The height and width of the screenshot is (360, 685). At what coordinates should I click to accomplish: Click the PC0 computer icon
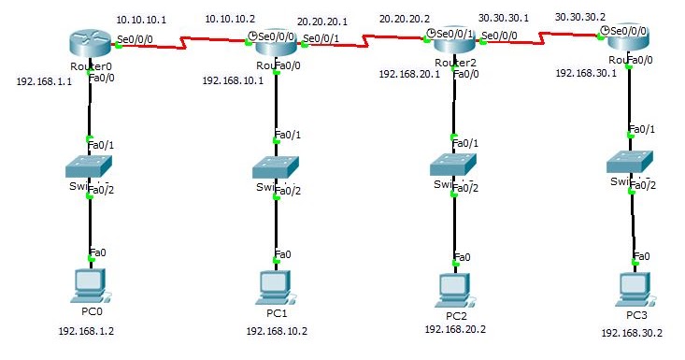pyautogui.click(x=90, y=284)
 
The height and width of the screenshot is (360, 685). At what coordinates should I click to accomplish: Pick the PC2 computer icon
pyautogui.click(x=456, y=290)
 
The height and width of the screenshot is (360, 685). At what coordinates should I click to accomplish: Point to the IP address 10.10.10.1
pyautogui.click(x=141, y=19)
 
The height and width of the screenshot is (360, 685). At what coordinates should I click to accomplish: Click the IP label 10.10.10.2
pyautogui.click(x=229, y=19)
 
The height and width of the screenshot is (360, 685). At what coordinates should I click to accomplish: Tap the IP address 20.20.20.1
pyautogui.click(x=322, y=19)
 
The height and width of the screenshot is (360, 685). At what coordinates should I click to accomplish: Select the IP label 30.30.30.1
pyautogui.click(x=504, y=17)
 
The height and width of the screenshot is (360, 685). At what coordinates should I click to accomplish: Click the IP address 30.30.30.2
pyautogui.click(x=580, y=17)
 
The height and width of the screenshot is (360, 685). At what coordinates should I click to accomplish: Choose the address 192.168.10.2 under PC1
pyautogui.click(x=276, y=331)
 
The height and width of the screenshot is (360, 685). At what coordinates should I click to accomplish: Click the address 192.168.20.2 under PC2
pyautogui.click(x=455, y=329)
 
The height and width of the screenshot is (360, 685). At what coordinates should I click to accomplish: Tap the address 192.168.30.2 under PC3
pyautogui.click(x=632, y=333)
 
